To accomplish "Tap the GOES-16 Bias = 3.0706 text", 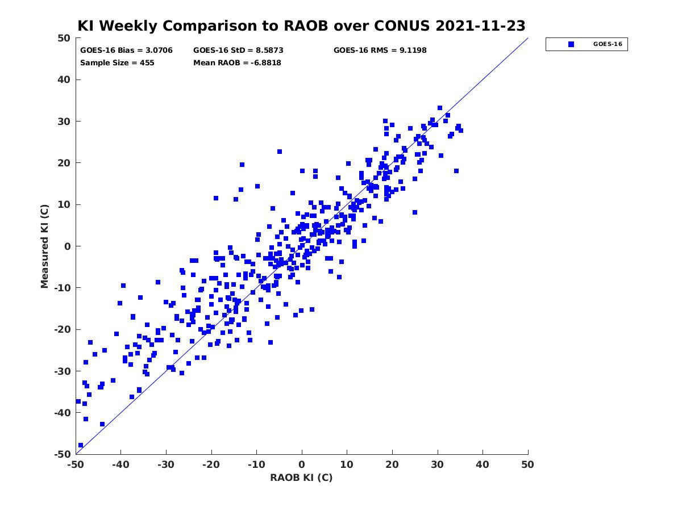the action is [x=126, y=51].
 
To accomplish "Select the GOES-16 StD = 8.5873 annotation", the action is [x=238, y=51].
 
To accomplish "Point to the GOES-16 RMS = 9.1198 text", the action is [x=380, y=51].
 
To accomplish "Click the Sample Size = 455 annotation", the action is [x=117, y=63].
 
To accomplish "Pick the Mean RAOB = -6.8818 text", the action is [x=237, y=63].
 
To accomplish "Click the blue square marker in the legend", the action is [x=571, y=44].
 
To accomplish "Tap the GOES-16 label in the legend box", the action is [x=608, y=44].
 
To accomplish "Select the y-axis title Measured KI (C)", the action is [x=44, y=246].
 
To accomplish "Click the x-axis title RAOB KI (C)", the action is [x=301, y=478].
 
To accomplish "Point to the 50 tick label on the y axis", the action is [x=64, y=38].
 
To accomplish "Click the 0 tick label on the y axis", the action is [x=68, y=246].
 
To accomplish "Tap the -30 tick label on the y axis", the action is [x=63, y=371].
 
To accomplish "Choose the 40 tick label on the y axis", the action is [x=64, y=79].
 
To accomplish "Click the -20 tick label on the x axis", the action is [x=211, y=464].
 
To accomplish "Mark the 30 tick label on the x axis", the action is [x=438, y=464].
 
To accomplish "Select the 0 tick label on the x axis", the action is [x=302, y=464].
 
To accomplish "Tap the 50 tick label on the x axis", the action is [x=528, y=464].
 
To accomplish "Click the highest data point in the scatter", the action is [x=440, y=108].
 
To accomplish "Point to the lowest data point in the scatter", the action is [x=81, y=445].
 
